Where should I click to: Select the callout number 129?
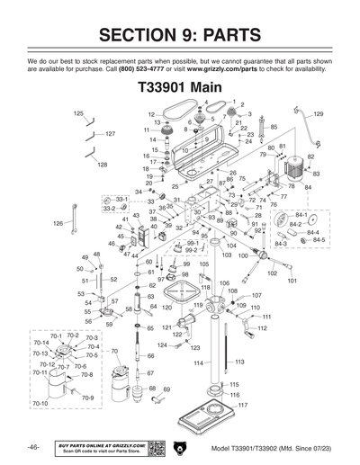pyautogui.click(x=318, y=114)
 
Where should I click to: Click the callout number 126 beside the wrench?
pyautogui.click(x=58, y=222)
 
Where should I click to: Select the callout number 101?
pyautogui.click(x=292, y=281)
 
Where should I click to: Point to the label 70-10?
pyautogui.click(x=40, y=404)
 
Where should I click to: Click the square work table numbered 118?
pyautogui.click(x=189, y=290)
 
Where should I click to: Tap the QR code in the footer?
pyautogui.click(x=154, y=447)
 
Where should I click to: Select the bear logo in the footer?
pyautogui.click(x=178, y=447)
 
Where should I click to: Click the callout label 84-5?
pyautogui.click(x=318, y=240)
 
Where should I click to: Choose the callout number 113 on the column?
pyautogui.click(x=239, y=362)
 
